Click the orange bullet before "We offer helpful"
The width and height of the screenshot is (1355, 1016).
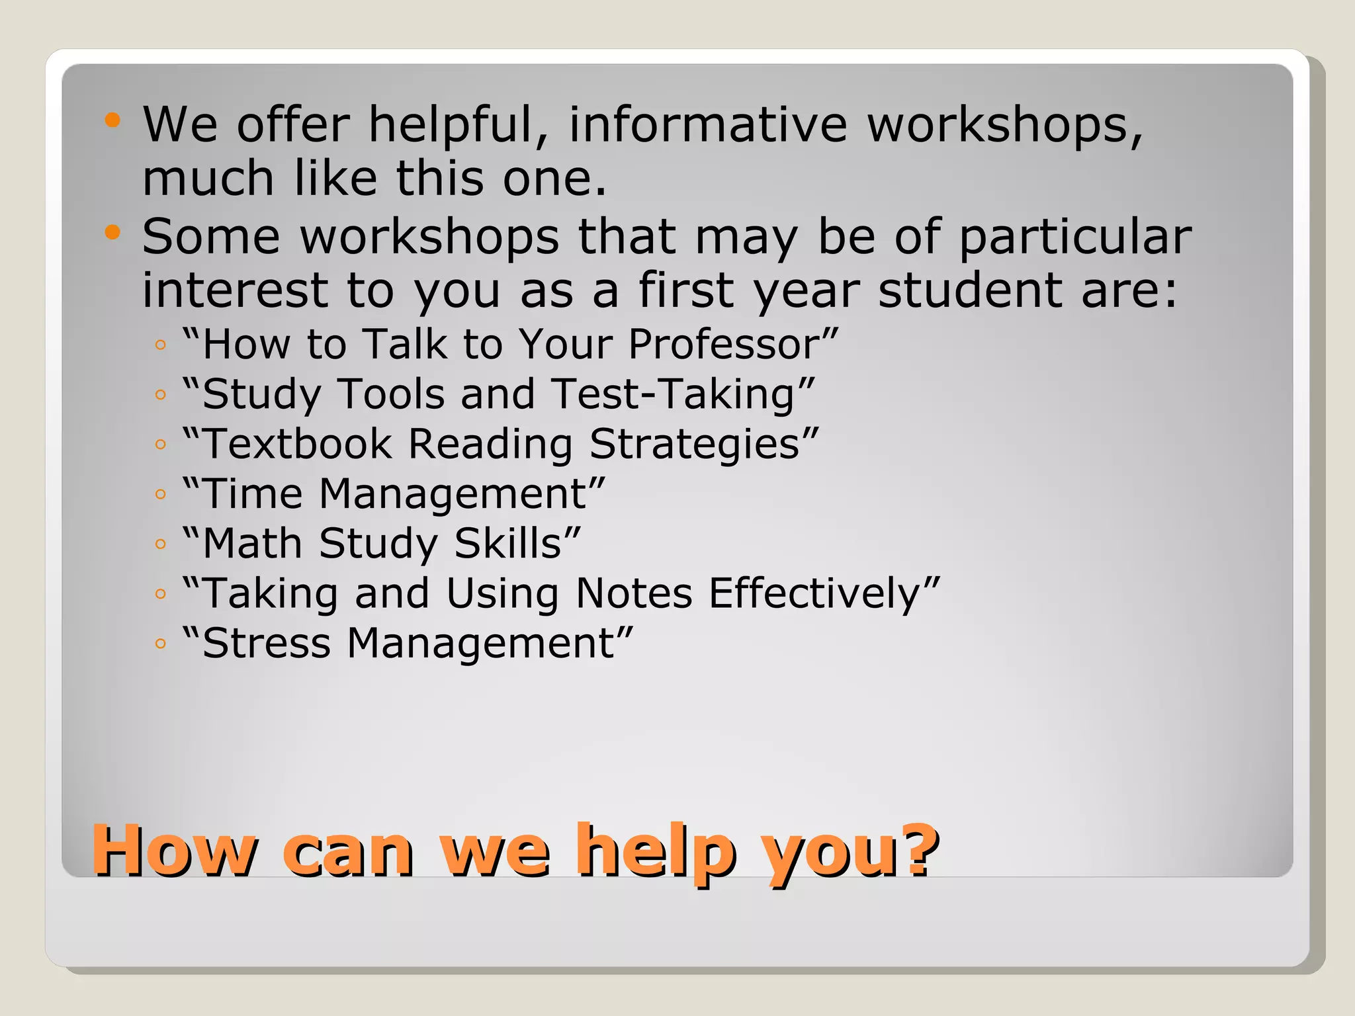point(113,120)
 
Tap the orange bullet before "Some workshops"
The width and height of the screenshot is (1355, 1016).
point(113,232)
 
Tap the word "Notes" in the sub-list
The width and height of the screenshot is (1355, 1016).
point(634,593)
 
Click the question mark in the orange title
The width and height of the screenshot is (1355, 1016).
point(920,850)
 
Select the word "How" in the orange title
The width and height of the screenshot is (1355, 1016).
point(174,850)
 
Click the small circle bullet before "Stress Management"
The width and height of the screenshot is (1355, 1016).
point(160,644)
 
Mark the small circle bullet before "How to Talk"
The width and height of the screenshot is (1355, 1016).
point(160,345)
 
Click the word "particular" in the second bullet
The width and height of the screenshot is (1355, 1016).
point(1074,237)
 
